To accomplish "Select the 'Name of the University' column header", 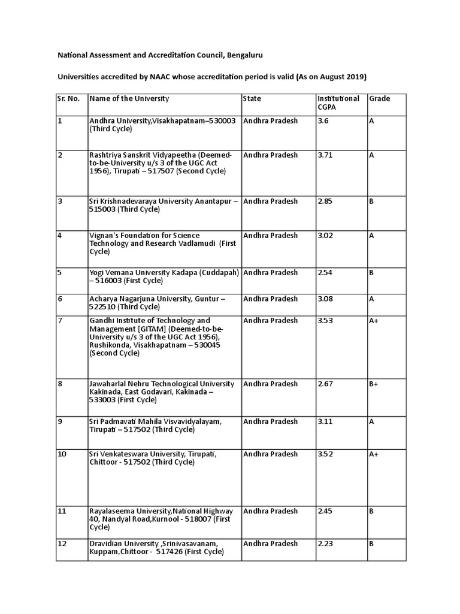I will coord(129,98).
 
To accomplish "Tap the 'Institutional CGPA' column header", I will coord(338,103).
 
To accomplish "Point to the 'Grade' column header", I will coord(379,98).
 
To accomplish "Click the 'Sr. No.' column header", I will coord(68,98).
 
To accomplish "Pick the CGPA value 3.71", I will coord(326,155).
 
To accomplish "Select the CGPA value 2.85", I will coord(325,201).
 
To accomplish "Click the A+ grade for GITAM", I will coord(374,321).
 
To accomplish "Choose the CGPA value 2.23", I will coord(325,544).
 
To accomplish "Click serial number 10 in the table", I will coord(62,454).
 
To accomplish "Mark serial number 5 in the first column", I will coord(60,273).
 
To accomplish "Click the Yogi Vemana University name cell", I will coord(164,277).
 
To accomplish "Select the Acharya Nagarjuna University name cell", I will coord(157,303).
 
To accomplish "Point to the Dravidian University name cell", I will coord(154,548).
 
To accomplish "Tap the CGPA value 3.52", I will coord(325,454).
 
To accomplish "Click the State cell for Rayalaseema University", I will coord(270,511).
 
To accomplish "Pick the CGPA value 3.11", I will coord(325,422).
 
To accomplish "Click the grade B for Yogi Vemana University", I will coord(371,273).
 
